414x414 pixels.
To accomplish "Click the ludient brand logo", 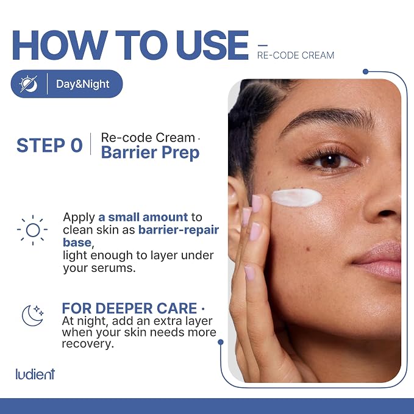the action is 35,374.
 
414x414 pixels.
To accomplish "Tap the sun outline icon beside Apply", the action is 32,230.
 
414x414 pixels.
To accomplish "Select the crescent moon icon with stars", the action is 33,315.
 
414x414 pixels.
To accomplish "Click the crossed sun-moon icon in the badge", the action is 29,84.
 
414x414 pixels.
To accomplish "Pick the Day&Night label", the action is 83,84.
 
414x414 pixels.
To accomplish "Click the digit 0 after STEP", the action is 77,145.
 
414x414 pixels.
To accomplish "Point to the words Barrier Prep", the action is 150,152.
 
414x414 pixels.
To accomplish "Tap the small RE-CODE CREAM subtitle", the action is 296,55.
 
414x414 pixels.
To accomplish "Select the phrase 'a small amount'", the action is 143,217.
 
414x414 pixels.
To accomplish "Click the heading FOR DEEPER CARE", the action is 129,308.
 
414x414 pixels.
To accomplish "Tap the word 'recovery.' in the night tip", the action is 88,343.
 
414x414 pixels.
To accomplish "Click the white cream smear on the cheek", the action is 297,197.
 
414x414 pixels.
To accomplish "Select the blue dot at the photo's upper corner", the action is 366,71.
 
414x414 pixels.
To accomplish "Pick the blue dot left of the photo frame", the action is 221,342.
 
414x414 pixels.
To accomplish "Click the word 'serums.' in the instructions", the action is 113,268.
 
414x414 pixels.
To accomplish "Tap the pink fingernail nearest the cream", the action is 256,204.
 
